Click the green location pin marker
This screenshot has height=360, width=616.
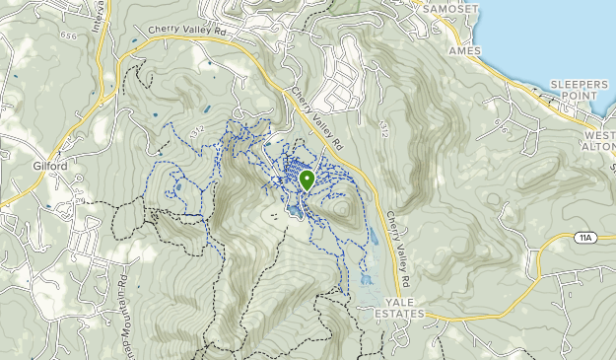coord(307,180)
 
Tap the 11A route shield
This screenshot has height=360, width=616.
coord(583,238)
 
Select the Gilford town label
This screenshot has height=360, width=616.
coord(48,166)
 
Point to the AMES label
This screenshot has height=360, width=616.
coord(463,49)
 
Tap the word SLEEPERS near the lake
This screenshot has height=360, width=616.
coord(579,85)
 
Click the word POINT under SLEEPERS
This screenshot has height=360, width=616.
coord(580,98)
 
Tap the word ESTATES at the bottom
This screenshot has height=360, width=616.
coord(399,314)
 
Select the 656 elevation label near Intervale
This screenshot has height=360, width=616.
coord(67,35)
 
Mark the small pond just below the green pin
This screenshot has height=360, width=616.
coord(293,210)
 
